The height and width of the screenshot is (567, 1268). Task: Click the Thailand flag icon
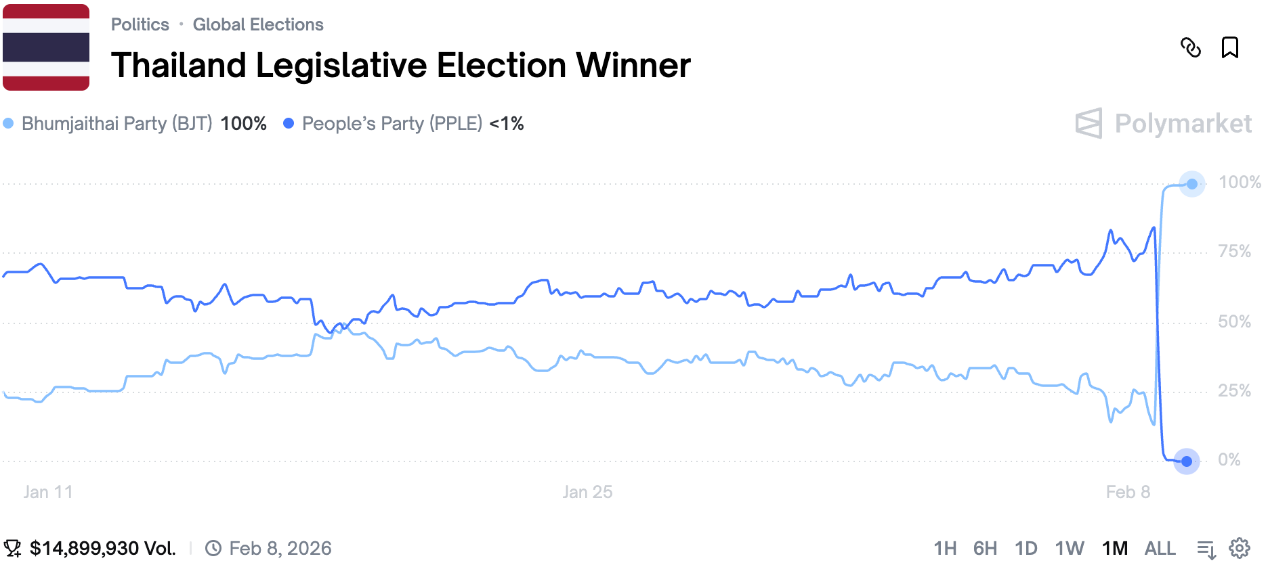pos(46,47)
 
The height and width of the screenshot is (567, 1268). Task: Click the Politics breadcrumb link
pos(140,24)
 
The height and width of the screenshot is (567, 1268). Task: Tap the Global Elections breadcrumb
pos(258,24)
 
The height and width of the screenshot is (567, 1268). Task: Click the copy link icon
pos(1190,47)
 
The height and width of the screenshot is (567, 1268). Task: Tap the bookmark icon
pos(1229,47)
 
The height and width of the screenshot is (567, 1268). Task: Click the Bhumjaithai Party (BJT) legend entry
pos(117,123)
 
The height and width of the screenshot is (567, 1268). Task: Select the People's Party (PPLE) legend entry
pos(392,123)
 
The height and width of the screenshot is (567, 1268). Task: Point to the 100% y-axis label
pos(1239,182)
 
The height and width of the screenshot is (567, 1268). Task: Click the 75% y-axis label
pos(1234,252)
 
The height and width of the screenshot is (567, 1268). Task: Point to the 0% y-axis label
pos(1229,460)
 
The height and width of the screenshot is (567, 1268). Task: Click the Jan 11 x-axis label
pos(47,492)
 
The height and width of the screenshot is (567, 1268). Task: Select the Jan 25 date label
pos(587,492)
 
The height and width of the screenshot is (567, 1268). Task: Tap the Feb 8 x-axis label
pos(1128,492)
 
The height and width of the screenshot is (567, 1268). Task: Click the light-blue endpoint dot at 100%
pos(1191,184)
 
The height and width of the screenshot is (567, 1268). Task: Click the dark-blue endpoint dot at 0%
pos(1186,461)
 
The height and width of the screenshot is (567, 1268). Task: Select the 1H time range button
pos(945,548)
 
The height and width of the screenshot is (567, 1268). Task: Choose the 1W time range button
pos(1070,548)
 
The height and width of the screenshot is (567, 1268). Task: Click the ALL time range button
pos(1160,548)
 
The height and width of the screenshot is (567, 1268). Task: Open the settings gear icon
pos(1240,548)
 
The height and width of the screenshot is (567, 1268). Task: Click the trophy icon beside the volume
pos(12,548)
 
